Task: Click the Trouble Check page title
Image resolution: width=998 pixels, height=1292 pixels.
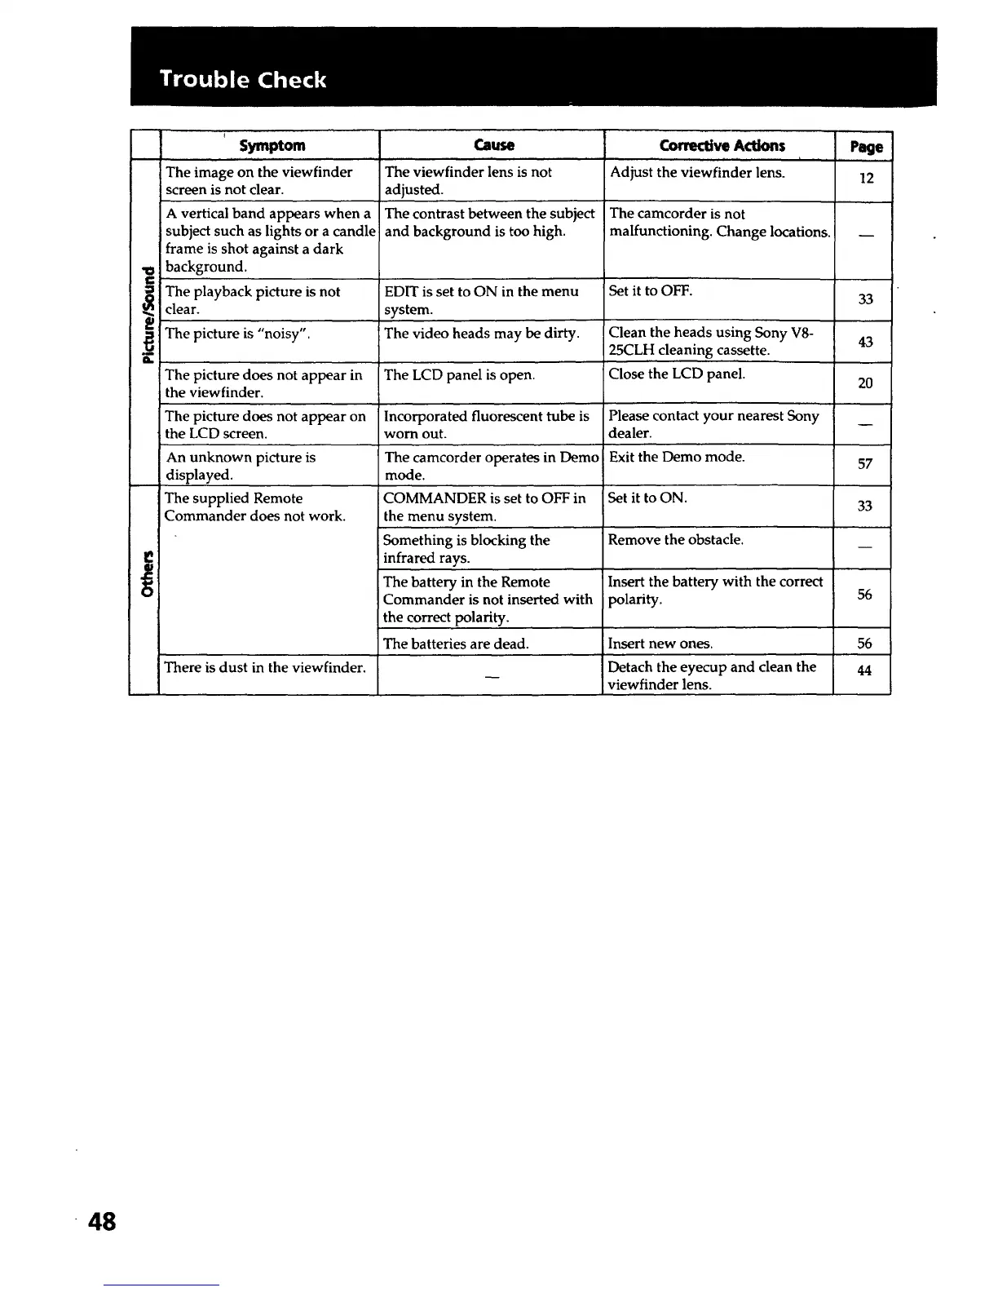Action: (243, 79)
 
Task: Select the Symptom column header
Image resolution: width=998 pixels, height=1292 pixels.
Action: (272, 145)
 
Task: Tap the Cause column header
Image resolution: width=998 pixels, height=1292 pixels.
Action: (493, 145)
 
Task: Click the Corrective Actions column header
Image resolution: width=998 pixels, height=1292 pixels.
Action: (722, 145)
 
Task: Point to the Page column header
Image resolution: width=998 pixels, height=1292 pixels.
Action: (865, 147)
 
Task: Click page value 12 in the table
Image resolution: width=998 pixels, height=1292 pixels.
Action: (865, 178)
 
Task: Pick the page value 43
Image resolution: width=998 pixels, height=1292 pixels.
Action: (865, 342)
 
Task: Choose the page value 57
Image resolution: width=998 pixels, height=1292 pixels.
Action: (865, 464)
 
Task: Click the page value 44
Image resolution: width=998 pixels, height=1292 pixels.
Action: (865, 670)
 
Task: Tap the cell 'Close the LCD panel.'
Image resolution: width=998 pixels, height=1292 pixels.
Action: (677, 374)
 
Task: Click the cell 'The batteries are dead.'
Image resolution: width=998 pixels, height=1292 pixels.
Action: (456, 644)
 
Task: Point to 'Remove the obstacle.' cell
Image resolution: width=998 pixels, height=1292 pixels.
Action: (675, 540)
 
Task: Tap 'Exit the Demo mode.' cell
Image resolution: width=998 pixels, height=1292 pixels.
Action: (677, 457)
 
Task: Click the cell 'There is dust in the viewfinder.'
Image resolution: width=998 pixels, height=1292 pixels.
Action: (264, 667)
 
